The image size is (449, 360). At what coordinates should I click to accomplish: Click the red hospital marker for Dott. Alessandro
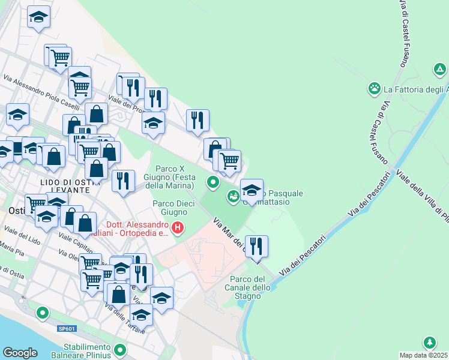pyautogui.click(x=178, y=227)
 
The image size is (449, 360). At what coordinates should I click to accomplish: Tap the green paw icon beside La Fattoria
pyautogui.click(x=375, y=89)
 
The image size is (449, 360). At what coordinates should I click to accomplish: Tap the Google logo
pyautogui.click(x=20, y=353)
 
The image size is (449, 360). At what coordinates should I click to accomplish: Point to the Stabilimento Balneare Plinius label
pyautogui.click(x=87, y=352)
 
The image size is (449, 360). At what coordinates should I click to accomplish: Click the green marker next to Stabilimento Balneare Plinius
pyautogui.click(x=120, y=349)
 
